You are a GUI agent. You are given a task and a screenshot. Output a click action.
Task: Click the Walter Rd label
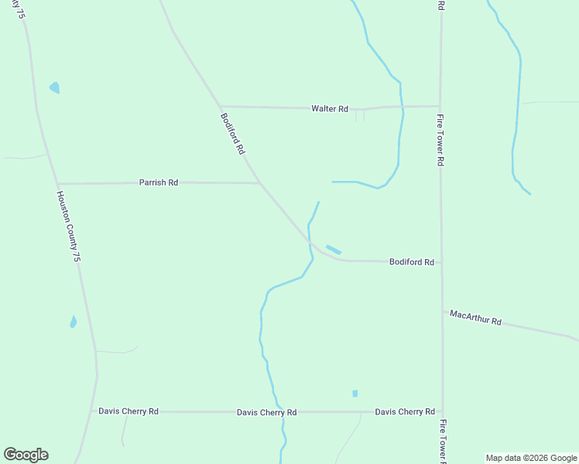pos(330,109)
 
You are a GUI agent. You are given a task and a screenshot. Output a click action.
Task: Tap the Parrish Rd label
pos(159,183)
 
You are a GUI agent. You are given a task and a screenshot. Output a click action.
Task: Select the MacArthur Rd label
pos(476,318)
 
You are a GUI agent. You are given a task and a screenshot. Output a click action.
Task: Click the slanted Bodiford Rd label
pos(232,134)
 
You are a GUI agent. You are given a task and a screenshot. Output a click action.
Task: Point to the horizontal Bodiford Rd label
pos(411,262)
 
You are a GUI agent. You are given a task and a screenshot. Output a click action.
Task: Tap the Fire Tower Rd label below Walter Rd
pos(440,140)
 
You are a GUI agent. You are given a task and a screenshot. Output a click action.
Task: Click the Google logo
pos(26,454)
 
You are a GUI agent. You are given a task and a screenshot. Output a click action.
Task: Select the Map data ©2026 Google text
pos(532,458)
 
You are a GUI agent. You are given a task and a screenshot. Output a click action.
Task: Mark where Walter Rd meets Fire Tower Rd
pos(440,106)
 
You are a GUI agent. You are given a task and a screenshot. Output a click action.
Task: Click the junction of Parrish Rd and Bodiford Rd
pos(259,183)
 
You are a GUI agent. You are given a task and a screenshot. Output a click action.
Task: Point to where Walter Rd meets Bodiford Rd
pos(220,106)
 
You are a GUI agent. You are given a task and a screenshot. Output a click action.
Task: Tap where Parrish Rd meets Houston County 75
pos(57,183)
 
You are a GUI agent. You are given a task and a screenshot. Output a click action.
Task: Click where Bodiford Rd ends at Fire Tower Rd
pos(441,262)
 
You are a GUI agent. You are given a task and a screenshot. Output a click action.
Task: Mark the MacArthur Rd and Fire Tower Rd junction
pos(442,311)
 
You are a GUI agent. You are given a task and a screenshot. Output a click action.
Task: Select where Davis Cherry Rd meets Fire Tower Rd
pos(443,412)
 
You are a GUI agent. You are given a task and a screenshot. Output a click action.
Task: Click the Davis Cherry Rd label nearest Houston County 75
pos(128,411)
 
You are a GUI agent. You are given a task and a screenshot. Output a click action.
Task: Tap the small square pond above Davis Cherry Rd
pos(355,394)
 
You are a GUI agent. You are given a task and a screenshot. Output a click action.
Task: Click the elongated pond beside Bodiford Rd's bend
pos(334,249)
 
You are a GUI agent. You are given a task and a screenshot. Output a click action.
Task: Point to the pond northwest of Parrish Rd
pos(54,87)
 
